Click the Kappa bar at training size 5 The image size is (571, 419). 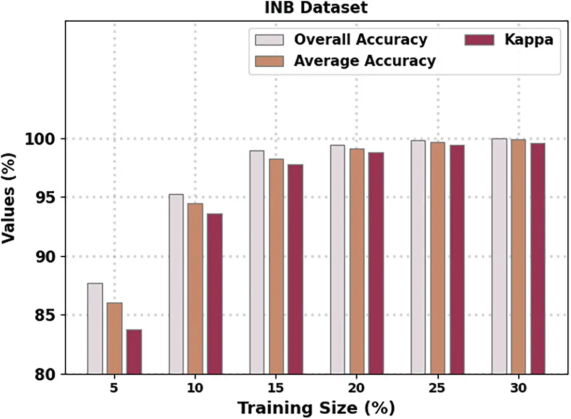[x=134, y=351]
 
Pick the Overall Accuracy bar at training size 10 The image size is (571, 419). [x=176, y=284]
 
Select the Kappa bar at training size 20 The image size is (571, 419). [x=376, y=263]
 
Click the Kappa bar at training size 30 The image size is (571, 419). [x=537, y=258]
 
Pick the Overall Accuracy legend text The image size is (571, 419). [x=360, y=39]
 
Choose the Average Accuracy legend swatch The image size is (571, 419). [x=269, y=61]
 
